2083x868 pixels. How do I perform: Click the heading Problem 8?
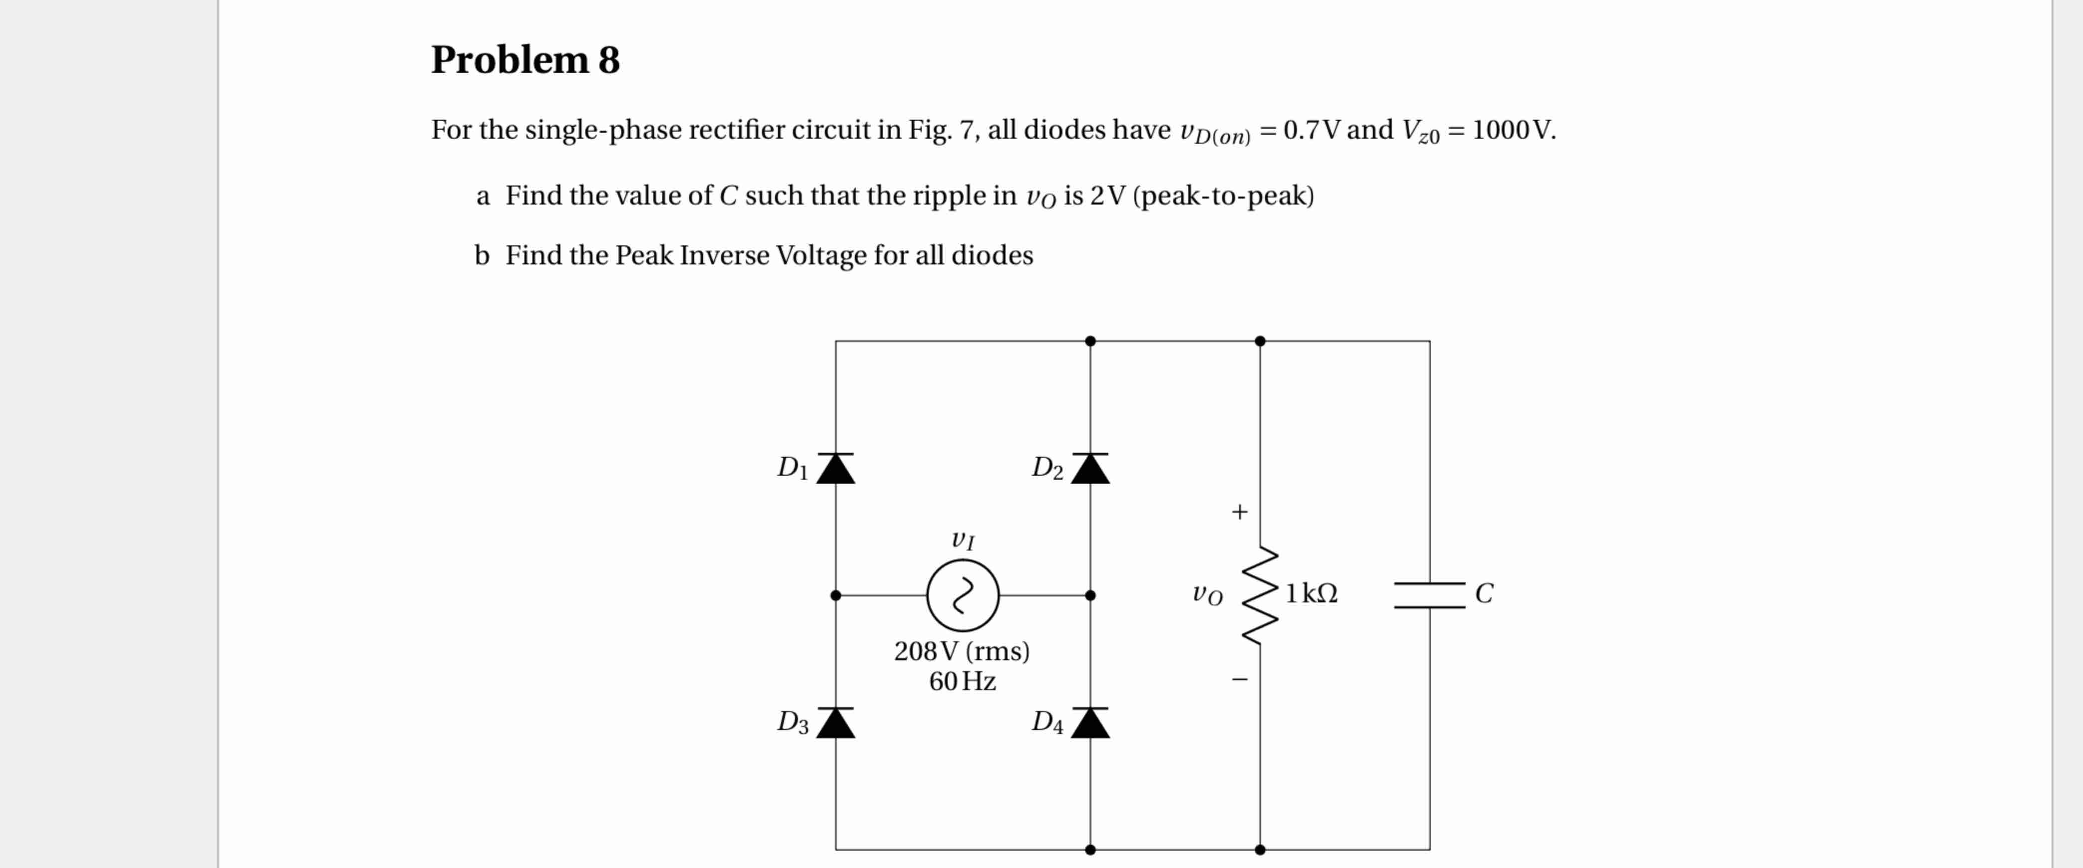525,60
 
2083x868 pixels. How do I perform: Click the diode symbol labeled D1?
835,469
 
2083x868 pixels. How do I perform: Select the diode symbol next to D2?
1090,469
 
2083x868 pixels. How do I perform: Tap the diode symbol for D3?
835,722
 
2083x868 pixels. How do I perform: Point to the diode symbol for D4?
1090,722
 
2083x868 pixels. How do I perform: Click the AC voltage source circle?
962,596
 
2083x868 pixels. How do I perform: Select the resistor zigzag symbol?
1260,596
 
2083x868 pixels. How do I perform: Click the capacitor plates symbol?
1429,596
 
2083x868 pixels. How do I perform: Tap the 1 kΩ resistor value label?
1311,594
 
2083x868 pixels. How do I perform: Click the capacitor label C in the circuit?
1484,594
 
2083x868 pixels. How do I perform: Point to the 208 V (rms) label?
962,651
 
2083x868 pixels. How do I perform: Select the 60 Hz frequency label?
962,682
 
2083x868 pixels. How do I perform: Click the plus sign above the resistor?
1239,512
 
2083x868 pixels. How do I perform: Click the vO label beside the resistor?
1207,595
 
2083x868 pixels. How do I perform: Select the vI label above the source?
962,539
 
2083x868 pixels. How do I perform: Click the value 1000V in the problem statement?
1512,130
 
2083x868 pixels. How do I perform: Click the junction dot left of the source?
835,596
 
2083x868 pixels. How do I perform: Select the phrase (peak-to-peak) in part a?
1224,195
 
